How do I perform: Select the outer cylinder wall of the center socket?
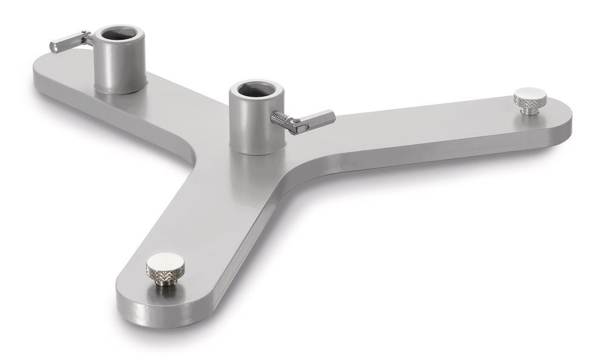click(x=248, y=127)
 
